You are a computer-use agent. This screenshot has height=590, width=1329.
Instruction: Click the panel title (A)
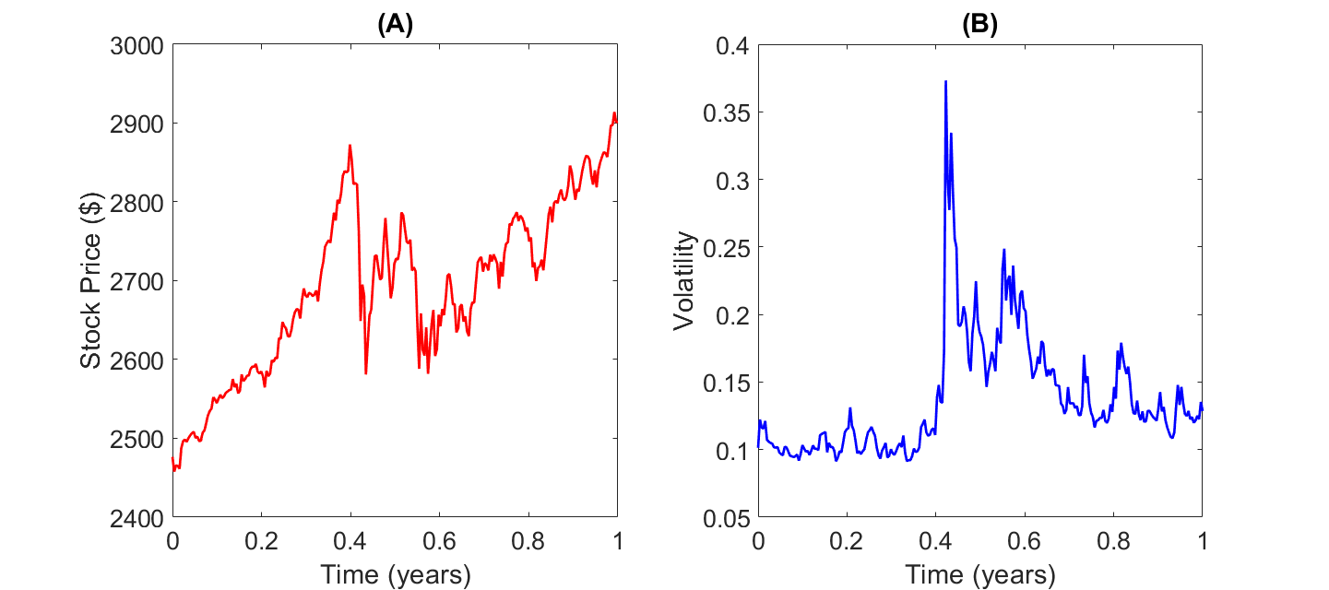[395, 26]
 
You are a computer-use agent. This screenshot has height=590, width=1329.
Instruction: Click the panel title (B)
[979, 26]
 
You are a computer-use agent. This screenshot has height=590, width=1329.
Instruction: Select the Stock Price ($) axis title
[90, 281]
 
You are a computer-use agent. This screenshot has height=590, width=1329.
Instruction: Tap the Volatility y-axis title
[682, 281]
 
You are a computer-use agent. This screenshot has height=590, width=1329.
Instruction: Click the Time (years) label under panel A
[396, 575]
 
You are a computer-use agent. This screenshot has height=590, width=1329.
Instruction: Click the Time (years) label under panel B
[980, 575]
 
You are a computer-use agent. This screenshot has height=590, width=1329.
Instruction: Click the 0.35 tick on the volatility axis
[727, 112]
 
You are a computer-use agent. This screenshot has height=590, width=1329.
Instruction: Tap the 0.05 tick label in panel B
[727, 517]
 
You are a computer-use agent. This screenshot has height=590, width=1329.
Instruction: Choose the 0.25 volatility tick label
[727, 247]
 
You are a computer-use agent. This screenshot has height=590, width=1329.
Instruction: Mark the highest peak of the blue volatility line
[945, 82]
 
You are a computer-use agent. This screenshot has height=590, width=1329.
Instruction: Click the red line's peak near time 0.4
[350, 146]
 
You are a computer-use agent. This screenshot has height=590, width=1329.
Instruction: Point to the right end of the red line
[616, 119]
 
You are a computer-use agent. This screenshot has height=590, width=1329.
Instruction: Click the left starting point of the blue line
[758, 447]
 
